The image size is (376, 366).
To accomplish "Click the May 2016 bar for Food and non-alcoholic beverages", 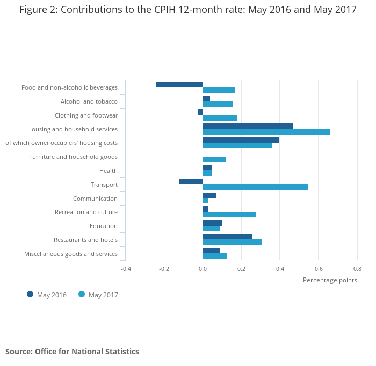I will tap(179, 85).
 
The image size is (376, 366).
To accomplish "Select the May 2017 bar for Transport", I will tap(255, 187).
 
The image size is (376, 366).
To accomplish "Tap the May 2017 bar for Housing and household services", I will tap(266, 131).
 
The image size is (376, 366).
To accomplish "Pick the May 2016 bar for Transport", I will tap(191, 181).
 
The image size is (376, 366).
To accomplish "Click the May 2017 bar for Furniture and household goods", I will tap(214, 159).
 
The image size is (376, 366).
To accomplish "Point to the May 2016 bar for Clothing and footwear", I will tap(200, 112).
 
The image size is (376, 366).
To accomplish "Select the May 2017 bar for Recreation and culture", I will tap(229, 215).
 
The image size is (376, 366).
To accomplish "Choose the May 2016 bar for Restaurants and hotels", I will tap(227, 237).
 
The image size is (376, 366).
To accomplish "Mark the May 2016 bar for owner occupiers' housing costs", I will tap(241, 140).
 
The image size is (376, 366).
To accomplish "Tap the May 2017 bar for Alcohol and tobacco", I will tap(218, 104).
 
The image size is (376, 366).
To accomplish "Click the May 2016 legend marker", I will tap(30, 294).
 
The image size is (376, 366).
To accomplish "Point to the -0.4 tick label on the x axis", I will tap(126, 269).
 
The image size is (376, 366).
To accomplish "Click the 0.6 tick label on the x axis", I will tap(319, 269).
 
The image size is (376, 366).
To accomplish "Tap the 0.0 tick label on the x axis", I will tap(203, 269).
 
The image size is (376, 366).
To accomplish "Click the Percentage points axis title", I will tap(330, 280).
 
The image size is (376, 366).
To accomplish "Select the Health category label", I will tap(109, 171).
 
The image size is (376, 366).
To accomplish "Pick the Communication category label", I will tap(95, 199).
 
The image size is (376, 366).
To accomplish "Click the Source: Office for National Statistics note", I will tap(72, 352).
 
